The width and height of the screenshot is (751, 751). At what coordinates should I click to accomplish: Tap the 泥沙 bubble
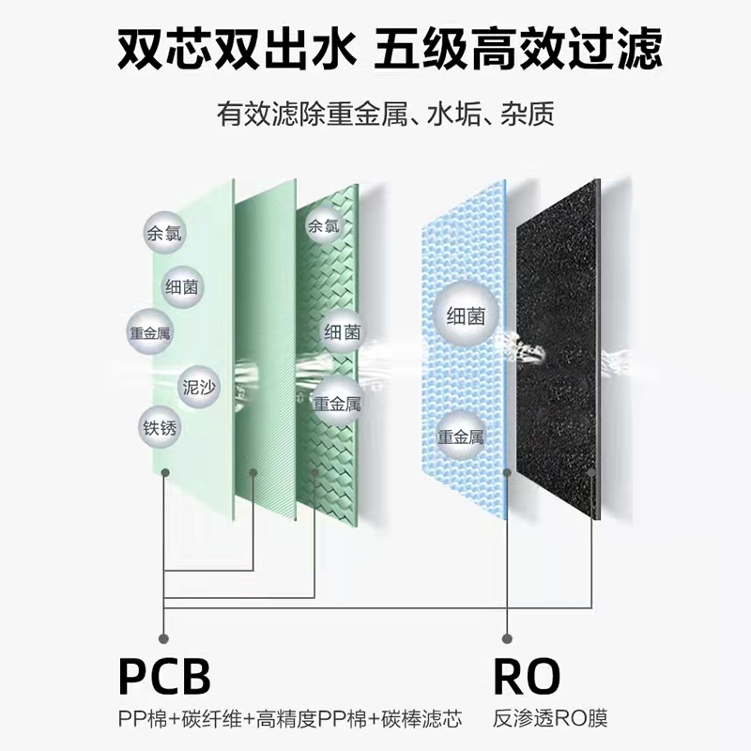200,384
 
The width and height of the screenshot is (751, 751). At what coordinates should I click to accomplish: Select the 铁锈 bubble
160,427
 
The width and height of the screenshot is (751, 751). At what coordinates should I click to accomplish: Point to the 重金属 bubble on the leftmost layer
150,332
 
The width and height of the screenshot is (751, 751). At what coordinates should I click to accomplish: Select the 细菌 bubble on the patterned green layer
342,332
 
